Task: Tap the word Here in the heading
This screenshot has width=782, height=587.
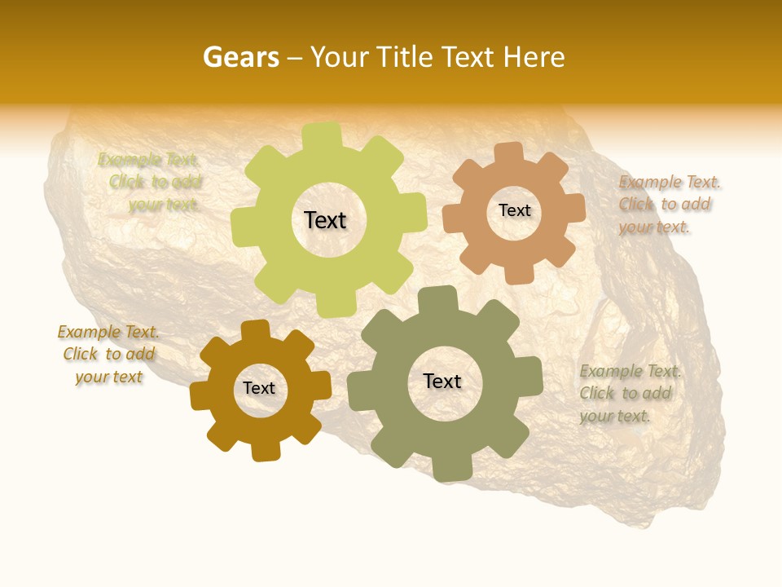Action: pos(534,57)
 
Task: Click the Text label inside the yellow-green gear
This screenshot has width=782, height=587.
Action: pos(325,220)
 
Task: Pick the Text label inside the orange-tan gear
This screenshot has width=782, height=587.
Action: pos(514,210)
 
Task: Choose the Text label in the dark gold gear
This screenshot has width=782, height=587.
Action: pos(259,389)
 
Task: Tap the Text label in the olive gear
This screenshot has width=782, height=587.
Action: pos(442,382)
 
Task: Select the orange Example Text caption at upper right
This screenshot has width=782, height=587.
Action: pos(669,205)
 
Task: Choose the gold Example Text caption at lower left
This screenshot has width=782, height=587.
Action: pos(108,355)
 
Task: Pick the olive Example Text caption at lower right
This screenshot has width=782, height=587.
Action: pos(630,394)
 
